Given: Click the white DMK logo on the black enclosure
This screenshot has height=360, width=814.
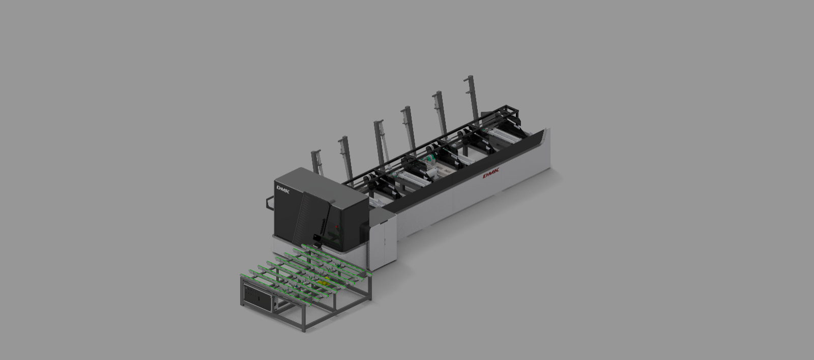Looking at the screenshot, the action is pos(283,190).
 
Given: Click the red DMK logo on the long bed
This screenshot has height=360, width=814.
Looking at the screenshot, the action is pos(491,173).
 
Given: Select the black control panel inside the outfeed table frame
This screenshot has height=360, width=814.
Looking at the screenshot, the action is pos(257,297).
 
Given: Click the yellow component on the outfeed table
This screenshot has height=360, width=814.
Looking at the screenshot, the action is pos(323,283).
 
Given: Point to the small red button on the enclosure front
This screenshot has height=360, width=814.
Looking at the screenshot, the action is pos(336,227).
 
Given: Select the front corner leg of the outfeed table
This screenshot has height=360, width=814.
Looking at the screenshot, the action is pos(304,320).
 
